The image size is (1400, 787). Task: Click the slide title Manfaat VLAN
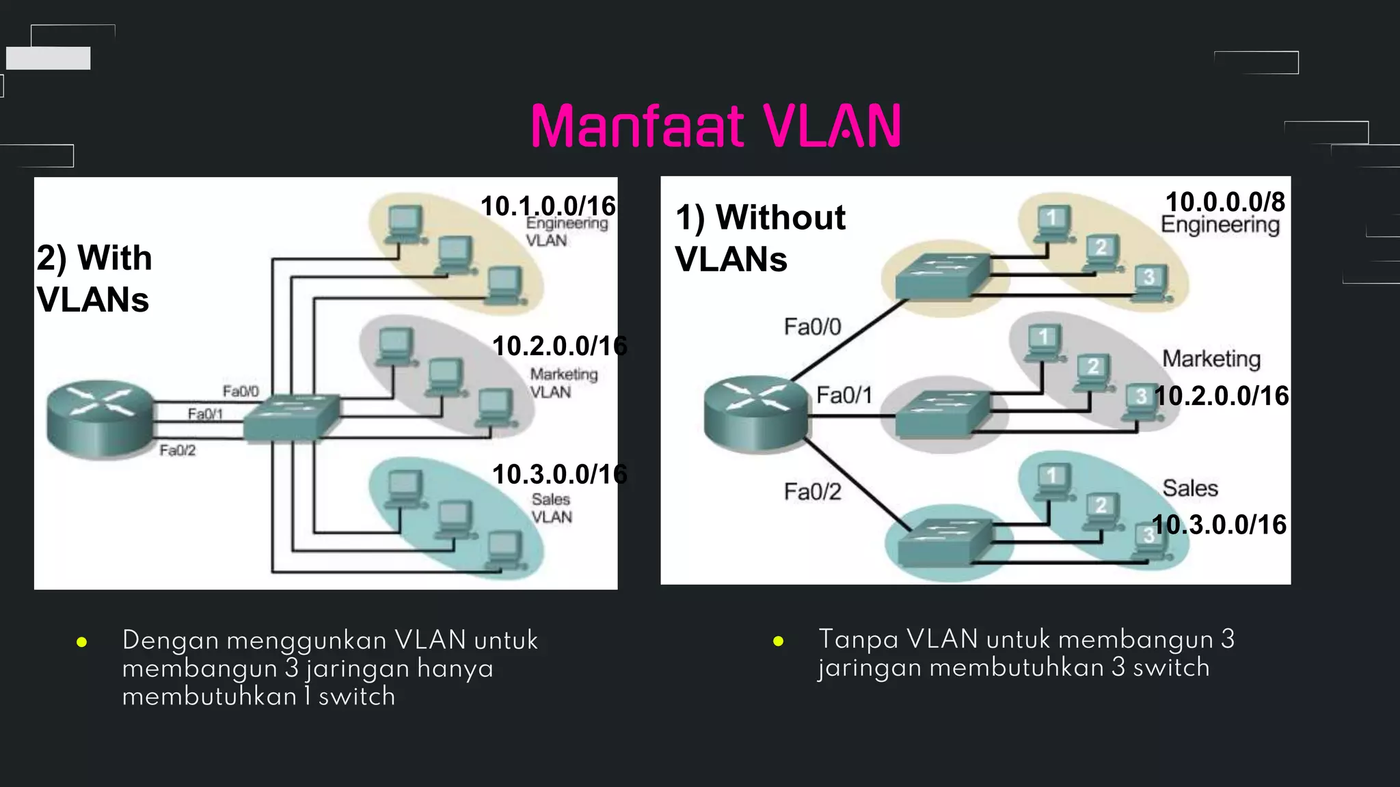click(716, 126)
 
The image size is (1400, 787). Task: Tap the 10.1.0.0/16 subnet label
click(548, 206)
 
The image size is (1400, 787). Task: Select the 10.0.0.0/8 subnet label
click(1224, 202)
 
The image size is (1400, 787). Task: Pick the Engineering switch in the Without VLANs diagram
click(942, 276)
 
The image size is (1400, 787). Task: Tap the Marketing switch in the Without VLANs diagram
click(942, 413)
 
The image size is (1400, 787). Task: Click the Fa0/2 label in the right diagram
click(812, 491)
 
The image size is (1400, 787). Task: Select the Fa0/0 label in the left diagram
click(241, 391)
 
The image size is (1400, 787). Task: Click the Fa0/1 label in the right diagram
click(844, 395)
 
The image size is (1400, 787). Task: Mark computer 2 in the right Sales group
click(1101, 510)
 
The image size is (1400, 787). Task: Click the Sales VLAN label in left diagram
click(552, 508)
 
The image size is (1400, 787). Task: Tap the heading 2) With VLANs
click(94, 278)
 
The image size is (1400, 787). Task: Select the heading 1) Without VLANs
click(759, 238)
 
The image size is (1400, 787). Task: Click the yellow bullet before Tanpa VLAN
click(778, 641)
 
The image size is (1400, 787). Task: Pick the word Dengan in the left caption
click(170, 640)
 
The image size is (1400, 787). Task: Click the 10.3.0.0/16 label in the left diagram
click(559, 473)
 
